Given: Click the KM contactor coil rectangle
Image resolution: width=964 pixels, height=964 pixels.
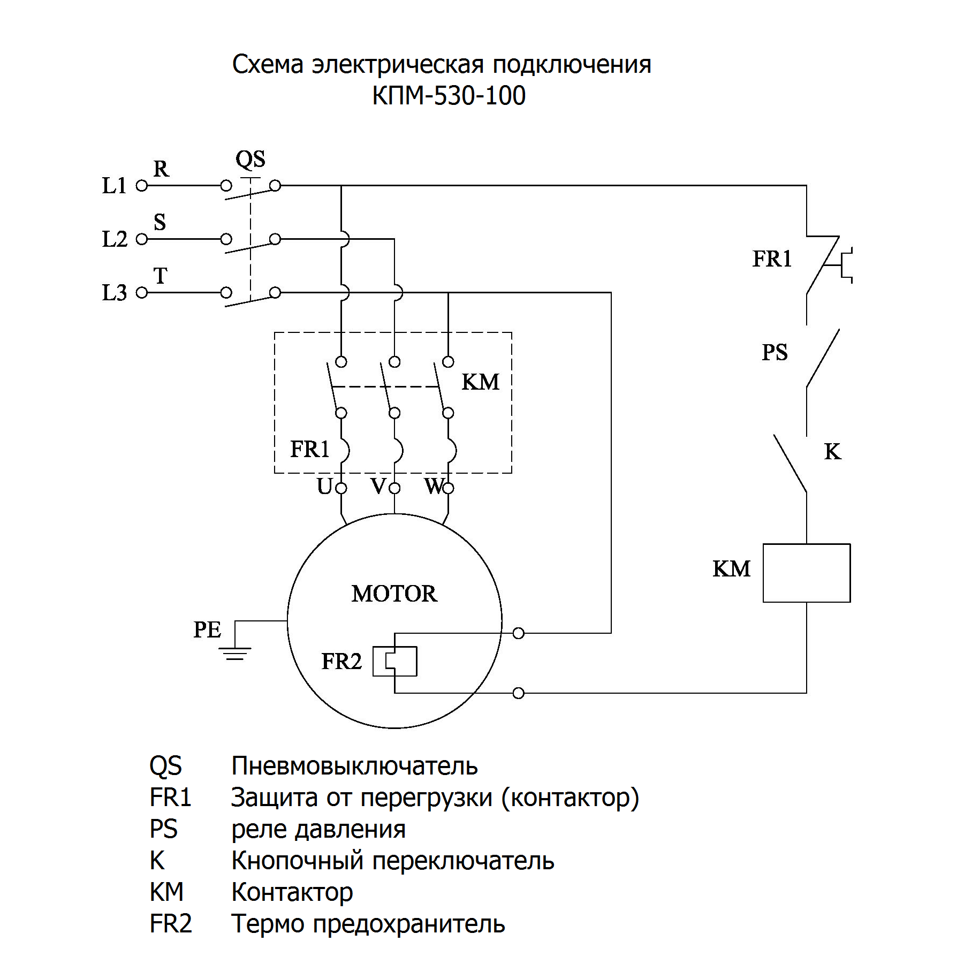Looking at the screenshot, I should coord(806,573).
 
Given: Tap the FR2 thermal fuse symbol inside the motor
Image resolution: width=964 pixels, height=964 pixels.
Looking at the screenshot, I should coord(395,661).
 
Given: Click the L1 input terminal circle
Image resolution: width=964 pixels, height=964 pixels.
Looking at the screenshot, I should coord(141,186).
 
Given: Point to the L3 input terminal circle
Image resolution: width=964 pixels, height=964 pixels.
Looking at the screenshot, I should coord(141,293).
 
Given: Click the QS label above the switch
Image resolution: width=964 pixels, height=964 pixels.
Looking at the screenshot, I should coord(251,159).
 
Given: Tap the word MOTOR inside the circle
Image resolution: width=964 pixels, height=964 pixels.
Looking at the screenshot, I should coord(394,594).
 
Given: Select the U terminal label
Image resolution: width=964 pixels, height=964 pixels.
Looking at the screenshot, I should coord(324,487).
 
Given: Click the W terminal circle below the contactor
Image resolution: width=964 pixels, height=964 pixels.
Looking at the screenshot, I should coord(449,488).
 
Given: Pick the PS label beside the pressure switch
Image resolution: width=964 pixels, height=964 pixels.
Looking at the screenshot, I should coord(775,352).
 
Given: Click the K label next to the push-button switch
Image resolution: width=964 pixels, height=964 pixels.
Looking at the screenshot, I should coord(832,452).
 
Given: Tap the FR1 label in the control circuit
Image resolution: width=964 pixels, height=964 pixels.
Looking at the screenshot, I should coord(772,259).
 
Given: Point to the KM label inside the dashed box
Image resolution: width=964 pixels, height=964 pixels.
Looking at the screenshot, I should coord(480,382).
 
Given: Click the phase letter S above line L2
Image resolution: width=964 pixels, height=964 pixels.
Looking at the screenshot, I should coord(160,222).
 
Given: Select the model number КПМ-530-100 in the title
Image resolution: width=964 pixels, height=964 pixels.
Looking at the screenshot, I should coord(449,96).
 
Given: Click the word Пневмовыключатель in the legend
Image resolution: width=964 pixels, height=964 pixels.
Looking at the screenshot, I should coord(354,766).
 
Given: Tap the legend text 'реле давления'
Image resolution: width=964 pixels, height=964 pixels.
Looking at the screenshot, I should coord(318,829).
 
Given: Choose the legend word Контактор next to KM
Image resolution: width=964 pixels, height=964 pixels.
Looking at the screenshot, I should coord(292,892).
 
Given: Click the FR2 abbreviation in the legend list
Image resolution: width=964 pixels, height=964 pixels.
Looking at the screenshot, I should coord(171,924).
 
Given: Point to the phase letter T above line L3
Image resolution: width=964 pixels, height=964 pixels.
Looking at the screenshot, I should coord(160,276).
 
